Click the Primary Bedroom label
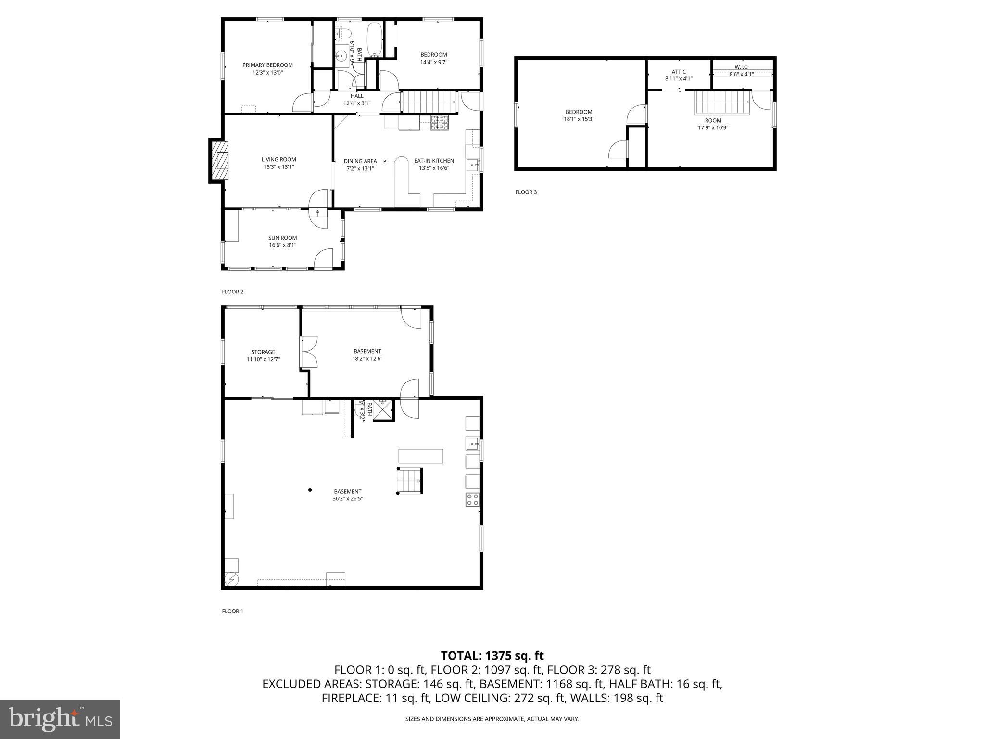point(267,65)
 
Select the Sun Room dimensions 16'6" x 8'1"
point(282,245)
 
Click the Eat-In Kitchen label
point(434,161)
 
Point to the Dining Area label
point(360,161)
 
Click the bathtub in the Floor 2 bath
point(374,39)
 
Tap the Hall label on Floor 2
point(357,96)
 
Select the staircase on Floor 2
point(428,102)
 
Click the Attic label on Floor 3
point(679,72)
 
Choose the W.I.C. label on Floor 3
point(741,67)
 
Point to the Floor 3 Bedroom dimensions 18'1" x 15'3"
point(579,119)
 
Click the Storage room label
point(263,352)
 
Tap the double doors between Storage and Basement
point(308,352)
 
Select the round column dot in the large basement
point(310,490)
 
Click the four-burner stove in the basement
point(472,499)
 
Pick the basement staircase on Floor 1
point(409,481)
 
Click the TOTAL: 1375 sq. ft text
point(492,655)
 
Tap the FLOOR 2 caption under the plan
point(232,292)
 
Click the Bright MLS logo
point(60,719)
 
